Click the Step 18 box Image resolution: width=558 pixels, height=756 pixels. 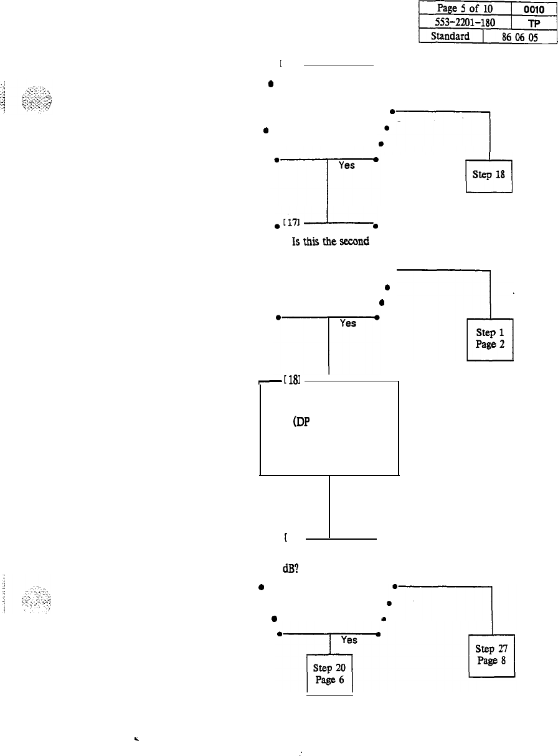(489, 175)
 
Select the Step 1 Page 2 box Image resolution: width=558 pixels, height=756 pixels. (489, 339)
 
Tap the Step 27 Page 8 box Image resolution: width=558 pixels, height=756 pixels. (491, 654)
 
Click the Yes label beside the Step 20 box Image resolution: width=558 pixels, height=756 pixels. (349, 640)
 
